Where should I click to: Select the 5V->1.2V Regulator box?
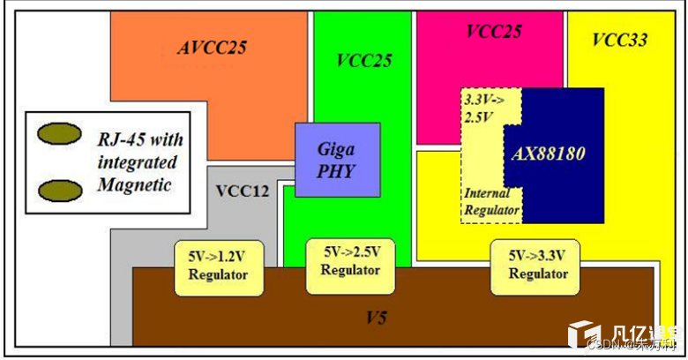[212, 267]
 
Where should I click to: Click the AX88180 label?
[548, 154]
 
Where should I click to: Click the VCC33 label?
[619, 40]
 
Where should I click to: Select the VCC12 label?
[242, 190]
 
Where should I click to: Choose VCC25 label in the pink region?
[493, 32]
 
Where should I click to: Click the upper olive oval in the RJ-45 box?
[58, 134]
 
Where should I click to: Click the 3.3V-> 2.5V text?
[482, 107]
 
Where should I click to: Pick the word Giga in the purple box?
[336, 150]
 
